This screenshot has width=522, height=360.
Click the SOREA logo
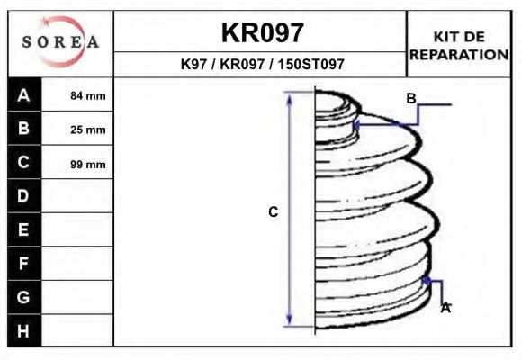[x=60, y=41]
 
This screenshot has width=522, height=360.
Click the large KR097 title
[x=262, y=33]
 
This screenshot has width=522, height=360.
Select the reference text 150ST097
[x=310, y=64]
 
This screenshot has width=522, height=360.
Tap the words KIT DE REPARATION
[x=459, y=46]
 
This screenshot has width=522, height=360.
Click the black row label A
[x=23, y=95]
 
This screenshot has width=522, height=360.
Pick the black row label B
[x=23, y=128]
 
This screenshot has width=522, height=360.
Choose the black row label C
[x=23, y=162]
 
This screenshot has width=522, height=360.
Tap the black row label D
[x=23, y=196]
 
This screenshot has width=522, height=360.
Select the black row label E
[x=23, y=229]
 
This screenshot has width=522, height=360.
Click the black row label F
[x=23, y=264]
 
